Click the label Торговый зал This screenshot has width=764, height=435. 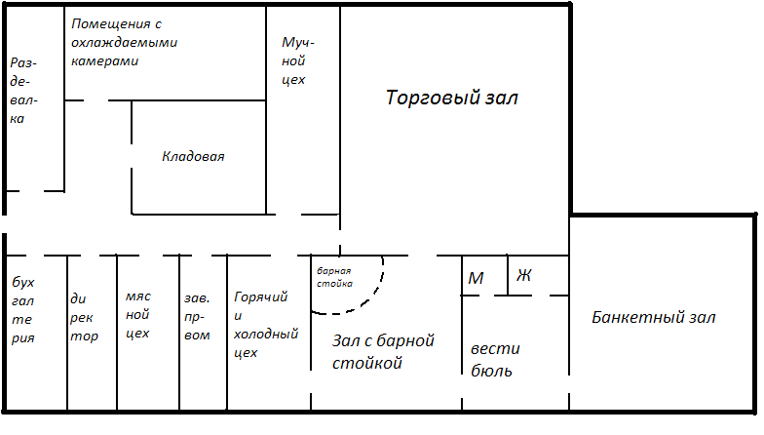452,98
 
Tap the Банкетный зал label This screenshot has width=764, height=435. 653,318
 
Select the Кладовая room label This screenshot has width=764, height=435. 193,156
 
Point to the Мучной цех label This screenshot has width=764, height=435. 298,60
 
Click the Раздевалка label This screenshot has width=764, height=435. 23,91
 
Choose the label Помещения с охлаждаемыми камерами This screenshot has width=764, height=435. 125,43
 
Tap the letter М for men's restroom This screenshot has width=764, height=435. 476,278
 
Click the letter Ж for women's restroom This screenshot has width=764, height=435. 524,275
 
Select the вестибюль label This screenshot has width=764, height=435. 495,360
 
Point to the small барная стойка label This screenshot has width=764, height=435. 334,277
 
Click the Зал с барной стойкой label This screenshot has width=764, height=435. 383,351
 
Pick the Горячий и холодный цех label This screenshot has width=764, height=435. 266,324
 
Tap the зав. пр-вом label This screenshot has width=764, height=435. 197,316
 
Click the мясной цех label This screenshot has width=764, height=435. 138,314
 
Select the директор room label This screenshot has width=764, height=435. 84,318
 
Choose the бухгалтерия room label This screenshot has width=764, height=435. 23,310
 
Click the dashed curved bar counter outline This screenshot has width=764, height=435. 374,292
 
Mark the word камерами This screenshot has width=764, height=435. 105,61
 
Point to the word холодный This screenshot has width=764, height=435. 266,334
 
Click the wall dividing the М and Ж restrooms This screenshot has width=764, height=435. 508,275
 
